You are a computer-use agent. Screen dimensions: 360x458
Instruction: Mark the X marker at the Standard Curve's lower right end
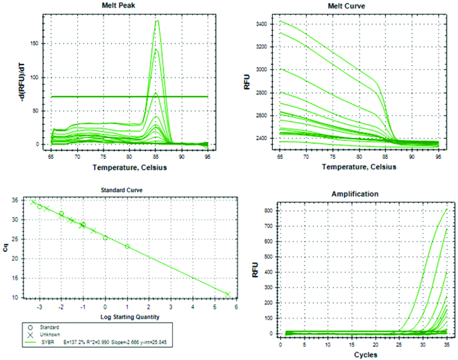228,294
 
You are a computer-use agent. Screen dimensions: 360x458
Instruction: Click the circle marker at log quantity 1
127,246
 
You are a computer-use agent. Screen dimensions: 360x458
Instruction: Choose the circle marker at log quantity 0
105,238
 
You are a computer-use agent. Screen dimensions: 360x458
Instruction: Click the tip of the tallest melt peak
157,21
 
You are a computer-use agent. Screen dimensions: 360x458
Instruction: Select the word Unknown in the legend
49,334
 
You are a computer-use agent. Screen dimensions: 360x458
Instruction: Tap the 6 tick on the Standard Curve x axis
236,306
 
